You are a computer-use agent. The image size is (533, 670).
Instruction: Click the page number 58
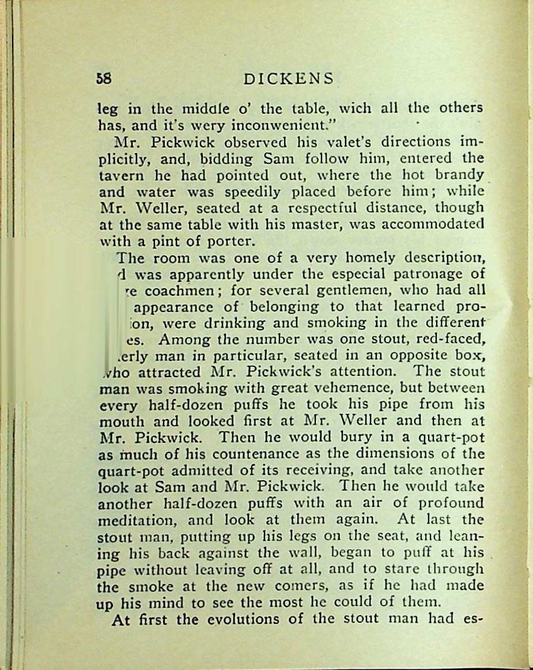point(104,78)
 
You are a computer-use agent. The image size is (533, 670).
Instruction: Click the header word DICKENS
point(288,78)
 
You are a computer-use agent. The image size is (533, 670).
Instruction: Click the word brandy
point(459,175)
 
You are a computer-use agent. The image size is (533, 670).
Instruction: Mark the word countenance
point(240,454)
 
